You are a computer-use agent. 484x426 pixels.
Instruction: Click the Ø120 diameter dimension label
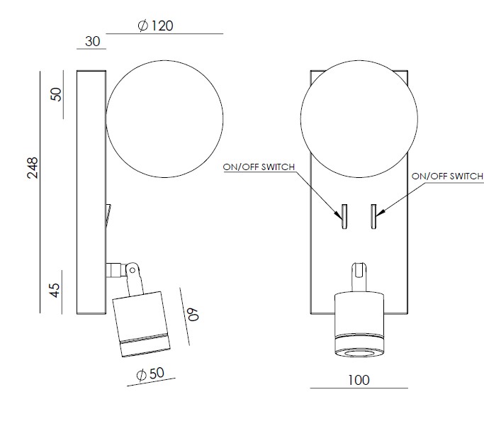tap(155, 26)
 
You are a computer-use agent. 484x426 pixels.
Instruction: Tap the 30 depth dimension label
tap(92, 41)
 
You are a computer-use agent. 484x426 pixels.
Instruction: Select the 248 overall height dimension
tap(33, 168)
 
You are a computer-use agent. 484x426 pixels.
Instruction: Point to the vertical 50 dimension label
tap(56, 94)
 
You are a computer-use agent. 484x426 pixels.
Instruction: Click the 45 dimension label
tap(55, 290)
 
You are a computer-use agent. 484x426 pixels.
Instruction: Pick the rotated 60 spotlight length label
tap(193, 315)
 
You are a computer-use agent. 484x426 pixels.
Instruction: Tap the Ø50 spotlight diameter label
tap(150, 374)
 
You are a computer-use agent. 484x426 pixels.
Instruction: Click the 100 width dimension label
tap(359, 380)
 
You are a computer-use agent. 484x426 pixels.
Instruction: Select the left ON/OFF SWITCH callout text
tap(259, 167)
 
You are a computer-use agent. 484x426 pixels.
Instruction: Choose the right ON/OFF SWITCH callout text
tap(447, 176)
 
